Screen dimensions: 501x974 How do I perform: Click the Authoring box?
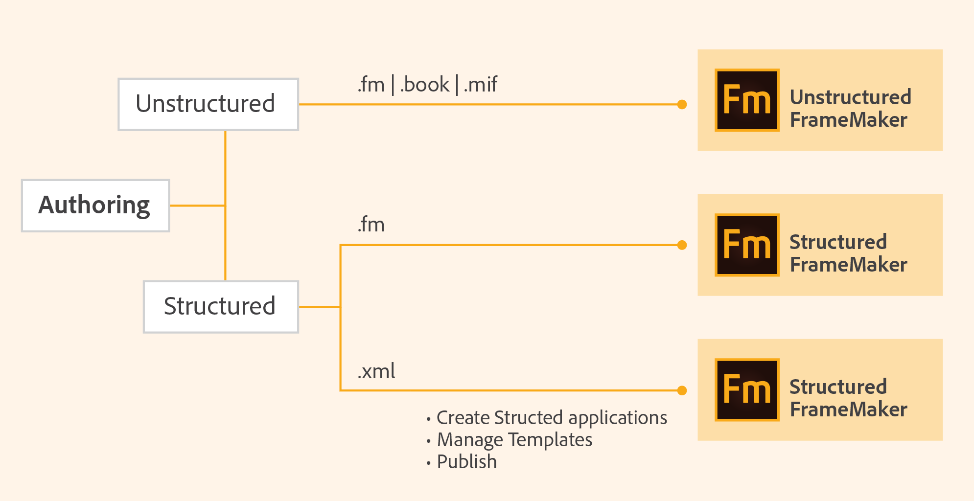tap(95, 205)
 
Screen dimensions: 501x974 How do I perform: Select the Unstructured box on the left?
tap(208, 104)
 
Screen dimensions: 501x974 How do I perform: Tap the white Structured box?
tap(221, 307)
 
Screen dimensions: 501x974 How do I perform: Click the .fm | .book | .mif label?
tap(427, 85)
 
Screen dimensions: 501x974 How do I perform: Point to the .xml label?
tap(376, 371)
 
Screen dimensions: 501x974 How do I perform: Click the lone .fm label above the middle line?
tap(371, 225)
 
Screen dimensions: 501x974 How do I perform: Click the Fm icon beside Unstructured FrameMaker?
tap(747, 100)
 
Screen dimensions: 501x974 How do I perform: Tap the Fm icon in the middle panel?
tap(747, 245)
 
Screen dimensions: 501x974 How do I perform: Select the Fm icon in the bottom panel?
tap(747, 389)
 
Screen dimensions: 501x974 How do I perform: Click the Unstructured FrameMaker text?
tap(850, 108)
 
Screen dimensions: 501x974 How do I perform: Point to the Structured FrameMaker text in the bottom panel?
tap(848, 398)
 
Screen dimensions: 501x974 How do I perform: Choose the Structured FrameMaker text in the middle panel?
tap(848, 253)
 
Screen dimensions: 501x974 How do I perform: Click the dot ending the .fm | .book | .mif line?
tap(682, 104)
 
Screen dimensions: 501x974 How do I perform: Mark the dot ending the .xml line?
tap(682, 390)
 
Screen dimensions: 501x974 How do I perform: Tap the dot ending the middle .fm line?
tap(682, 245)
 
